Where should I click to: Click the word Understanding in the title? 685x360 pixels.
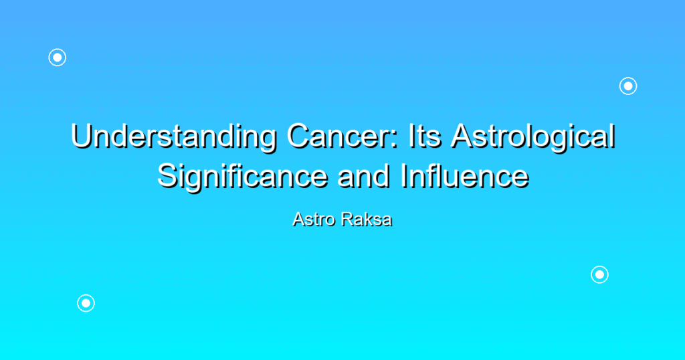click(x=174, y=137)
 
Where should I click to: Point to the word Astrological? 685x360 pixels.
click(x=533, y=137)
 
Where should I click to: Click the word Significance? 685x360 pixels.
click(x=242, y=177)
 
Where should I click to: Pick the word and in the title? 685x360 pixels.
click(x=363, y=176)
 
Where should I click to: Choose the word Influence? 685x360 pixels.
click(x=464, y=176)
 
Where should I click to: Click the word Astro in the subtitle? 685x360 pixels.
click(x=314, y=219)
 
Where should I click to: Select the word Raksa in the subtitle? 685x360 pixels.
click(x=367, y=219)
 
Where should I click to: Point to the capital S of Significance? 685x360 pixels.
click(x=168, y=177)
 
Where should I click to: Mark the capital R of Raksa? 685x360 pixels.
click(x=347, y=219)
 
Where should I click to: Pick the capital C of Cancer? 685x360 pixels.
click(x=298, y=137)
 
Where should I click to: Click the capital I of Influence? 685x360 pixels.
click(x=403, y=177)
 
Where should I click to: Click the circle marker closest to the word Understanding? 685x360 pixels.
click(x=58, y=58)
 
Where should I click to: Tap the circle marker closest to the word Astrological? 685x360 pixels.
click(x=628, y=86)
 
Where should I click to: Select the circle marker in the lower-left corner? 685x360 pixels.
click(x=86, y=303)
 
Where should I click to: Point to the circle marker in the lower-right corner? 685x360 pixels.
click(x=600, y=275)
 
